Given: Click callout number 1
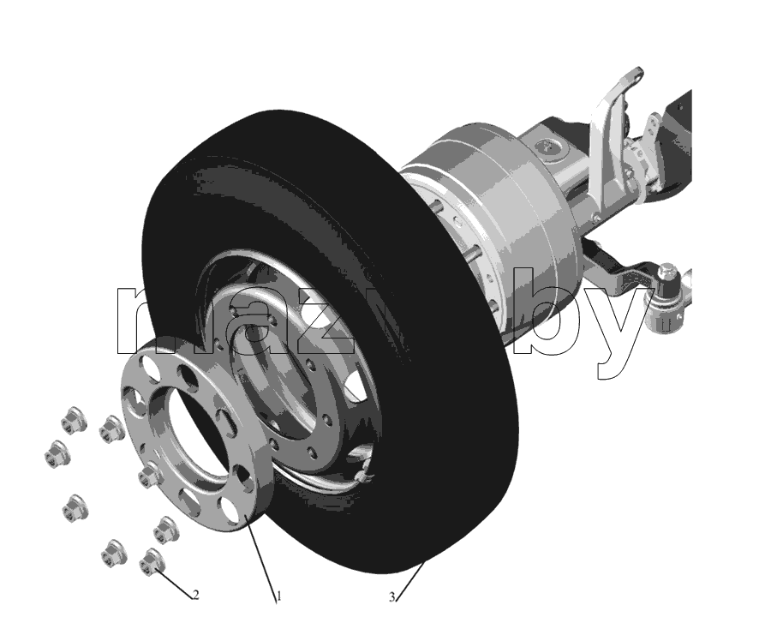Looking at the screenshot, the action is (x=278, y=596).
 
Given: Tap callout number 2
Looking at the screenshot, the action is (x=195, y=595).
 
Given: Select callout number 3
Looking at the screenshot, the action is (x=391, y=597).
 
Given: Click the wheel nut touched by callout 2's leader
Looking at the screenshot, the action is (x=152, y=561).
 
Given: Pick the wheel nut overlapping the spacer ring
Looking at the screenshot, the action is (x=147, y=475).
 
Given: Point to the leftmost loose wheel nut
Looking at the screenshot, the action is (x=57, y=454).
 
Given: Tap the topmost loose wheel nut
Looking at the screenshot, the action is (x=75, y=420).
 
